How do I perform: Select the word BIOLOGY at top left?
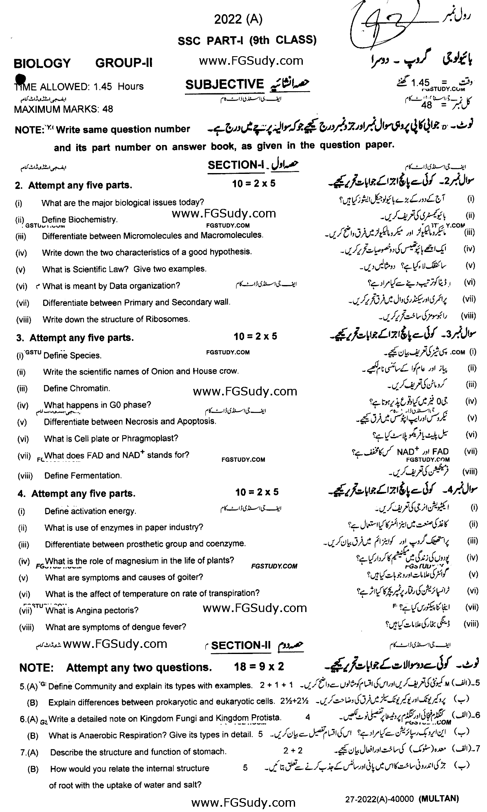[42, 64]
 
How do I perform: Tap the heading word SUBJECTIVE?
[225, 84]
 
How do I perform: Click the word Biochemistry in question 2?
[93, 219]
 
